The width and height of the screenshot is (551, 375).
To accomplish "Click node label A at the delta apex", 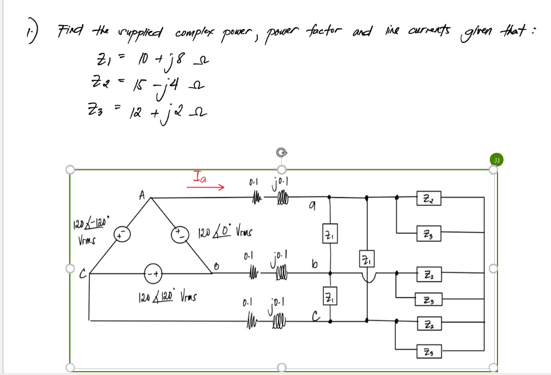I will pyautogui.click(x=141, y=193).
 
